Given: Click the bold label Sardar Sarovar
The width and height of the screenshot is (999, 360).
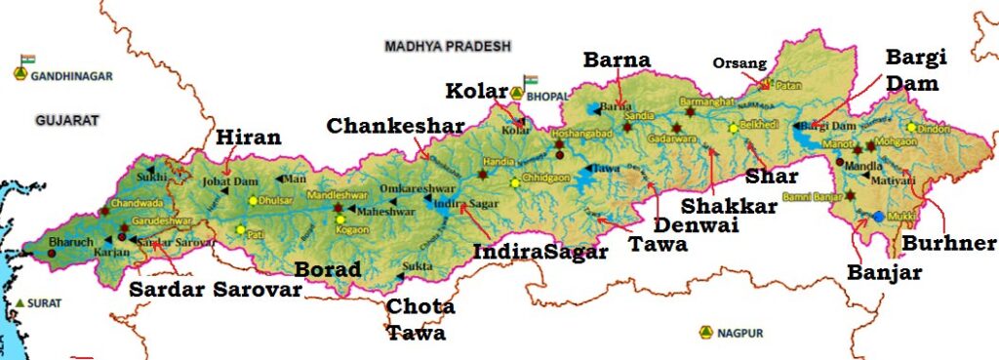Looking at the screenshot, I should pos(214,289).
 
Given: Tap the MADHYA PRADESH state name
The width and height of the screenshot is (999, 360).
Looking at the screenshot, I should pos(448,46).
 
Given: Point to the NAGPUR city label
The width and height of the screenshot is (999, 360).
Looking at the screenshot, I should pos(739,334).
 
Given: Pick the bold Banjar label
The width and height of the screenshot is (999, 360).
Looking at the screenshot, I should pos(885,273).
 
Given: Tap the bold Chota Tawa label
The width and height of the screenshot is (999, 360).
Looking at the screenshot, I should pos(420,319).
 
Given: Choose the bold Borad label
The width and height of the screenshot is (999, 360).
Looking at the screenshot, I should pos(327,269).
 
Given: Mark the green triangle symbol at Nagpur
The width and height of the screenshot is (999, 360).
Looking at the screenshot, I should pos(704,333).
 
